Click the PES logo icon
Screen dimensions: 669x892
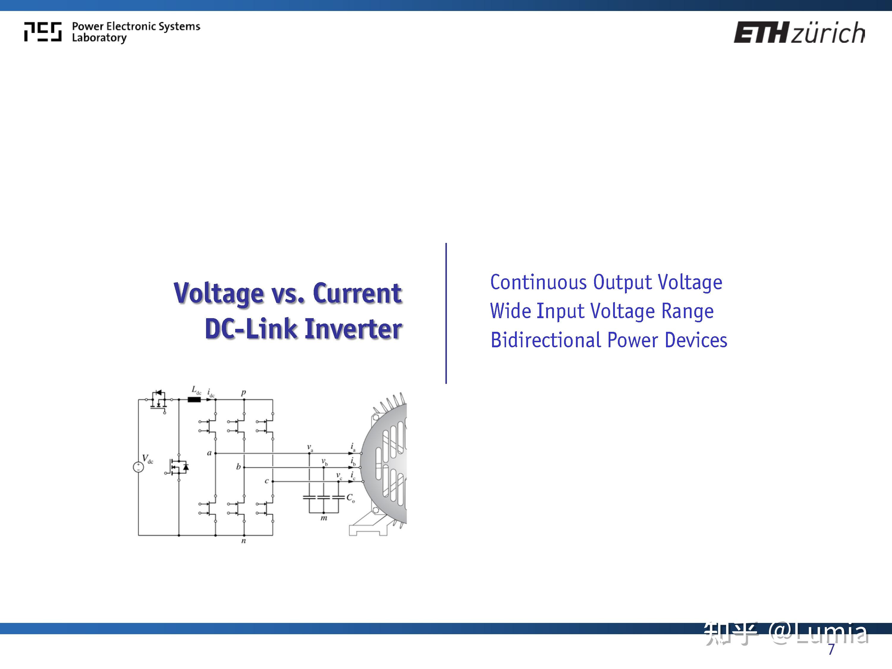[43, 32]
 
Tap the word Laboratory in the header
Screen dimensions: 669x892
[99, 38]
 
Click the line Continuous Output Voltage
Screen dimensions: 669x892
[606, 282]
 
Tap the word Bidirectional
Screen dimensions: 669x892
[546, 340]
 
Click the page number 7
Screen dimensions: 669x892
[831, 650]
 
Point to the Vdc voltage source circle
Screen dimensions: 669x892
[138, 467]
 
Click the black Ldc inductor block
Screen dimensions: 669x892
[194, 400]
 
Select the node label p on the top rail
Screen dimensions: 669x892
[244, 392]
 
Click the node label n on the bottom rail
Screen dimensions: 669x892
[244, 541]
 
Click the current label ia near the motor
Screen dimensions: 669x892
[353, 447]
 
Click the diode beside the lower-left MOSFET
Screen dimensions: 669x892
[186, 467]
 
